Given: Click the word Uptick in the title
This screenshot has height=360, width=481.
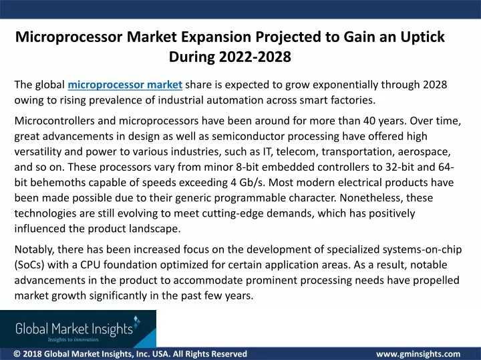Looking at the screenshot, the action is pos(422,37).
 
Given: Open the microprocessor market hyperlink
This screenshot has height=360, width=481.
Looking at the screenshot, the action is pos(125,85).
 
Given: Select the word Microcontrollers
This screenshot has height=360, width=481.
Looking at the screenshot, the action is pos(54,121).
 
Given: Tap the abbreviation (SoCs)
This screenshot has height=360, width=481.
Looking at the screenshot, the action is pos(29,265).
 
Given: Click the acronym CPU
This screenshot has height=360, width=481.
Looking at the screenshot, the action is pos(90,265).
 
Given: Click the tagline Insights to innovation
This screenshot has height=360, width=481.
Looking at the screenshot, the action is pos(73,339).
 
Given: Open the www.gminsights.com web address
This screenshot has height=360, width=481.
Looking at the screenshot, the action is pos(418,354).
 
